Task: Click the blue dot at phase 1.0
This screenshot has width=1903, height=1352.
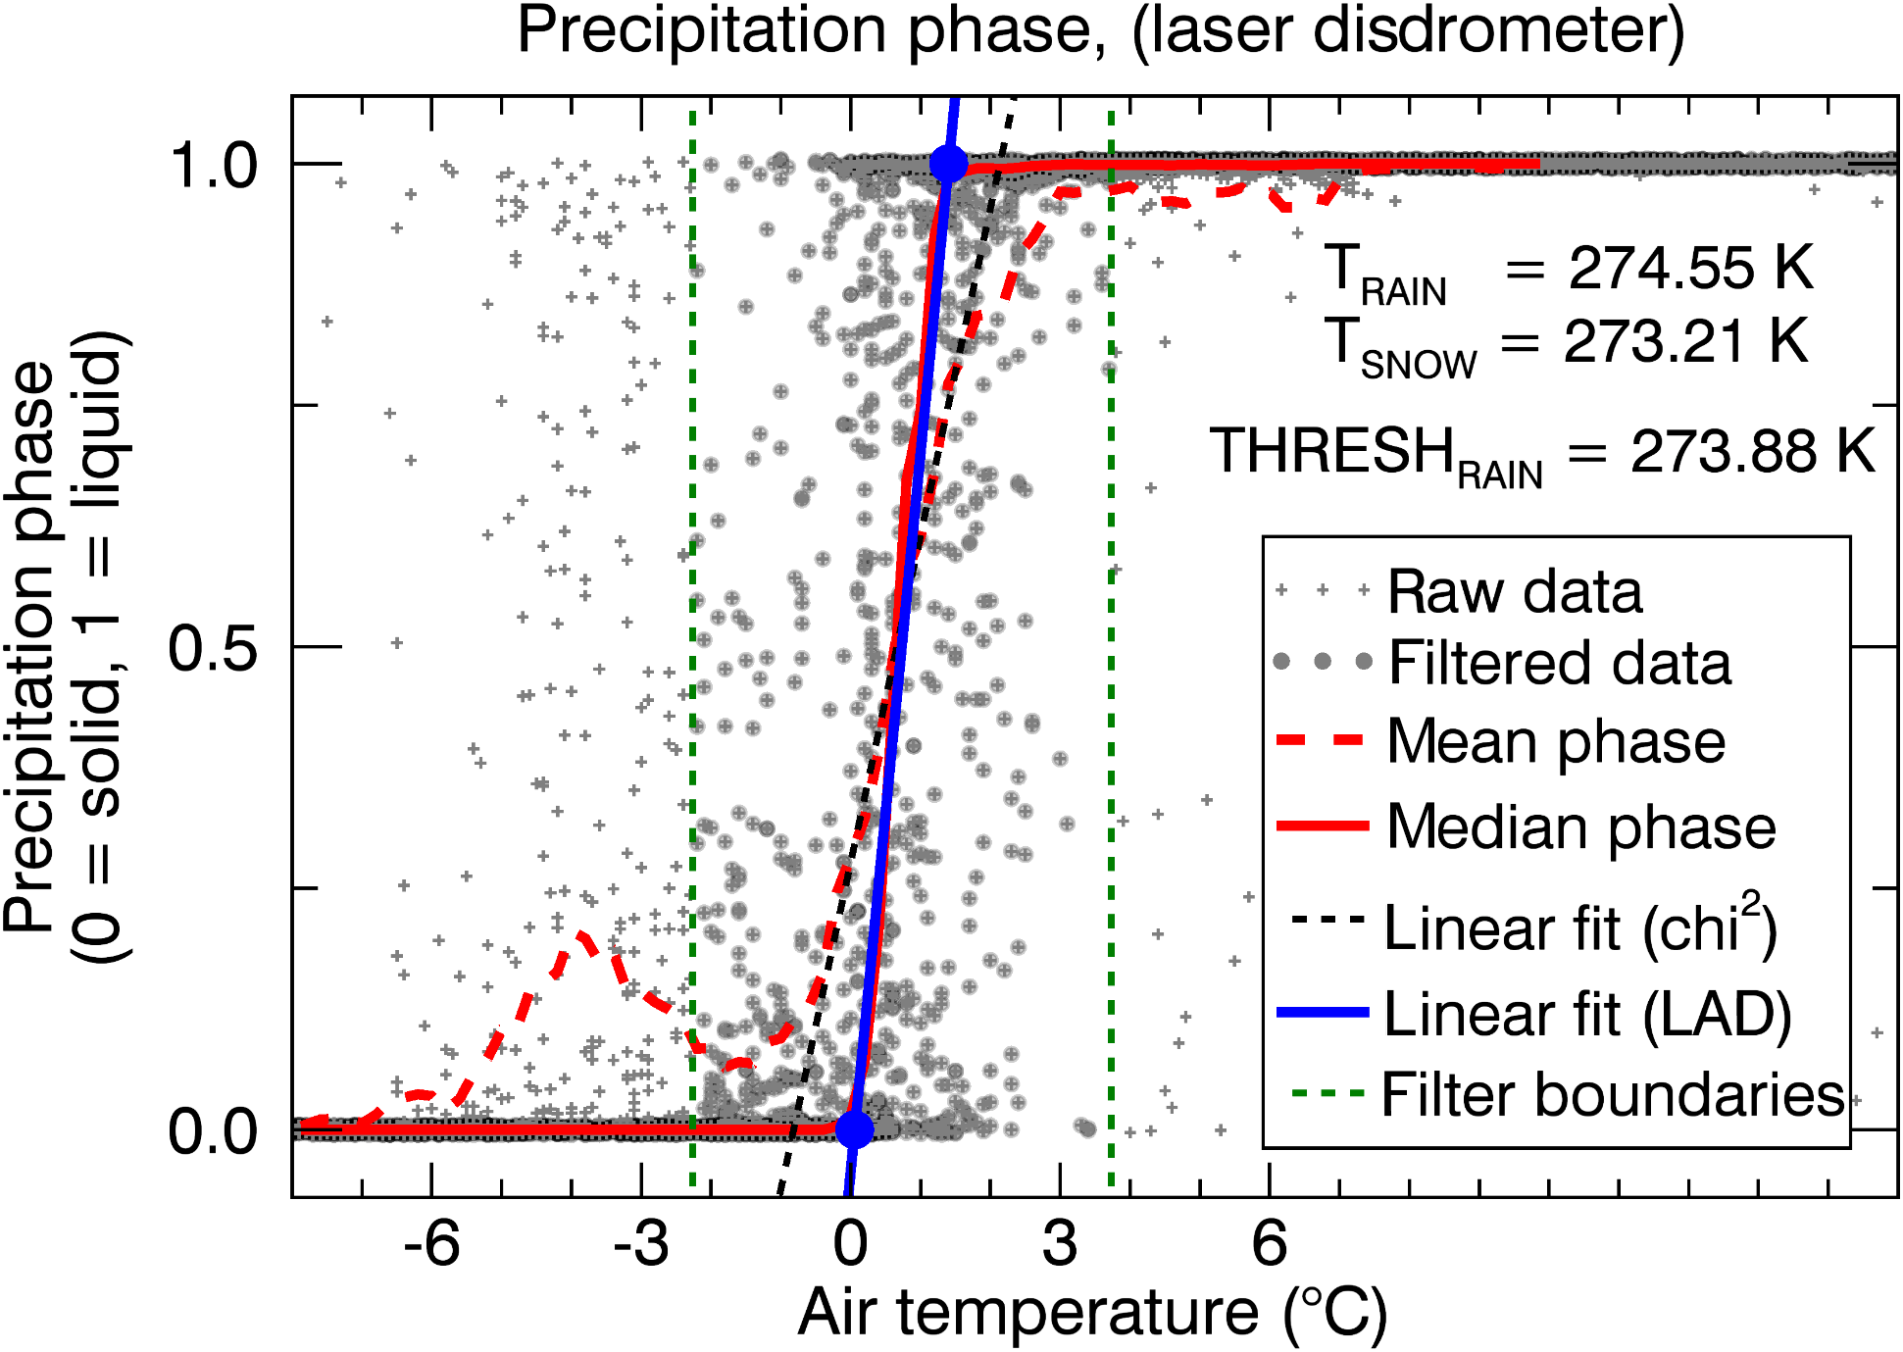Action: pos(948,164)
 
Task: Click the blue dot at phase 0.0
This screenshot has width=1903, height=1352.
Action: pos(854,1129)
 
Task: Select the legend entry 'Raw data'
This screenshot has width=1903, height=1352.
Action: pos(1514,592)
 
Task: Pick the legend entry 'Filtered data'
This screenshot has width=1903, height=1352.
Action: pos(1559,663)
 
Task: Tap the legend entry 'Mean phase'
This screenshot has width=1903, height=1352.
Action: pos(1555,741)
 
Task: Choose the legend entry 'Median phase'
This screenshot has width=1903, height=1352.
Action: pos(1580,827)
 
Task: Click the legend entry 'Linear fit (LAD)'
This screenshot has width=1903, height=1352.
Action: pos(1586,1014)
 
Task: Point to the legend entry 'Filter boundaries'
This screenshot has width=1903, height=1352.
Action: pos(1612,1094)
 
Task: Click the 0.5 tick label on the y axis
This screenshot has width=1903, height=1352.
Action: pos(212,647)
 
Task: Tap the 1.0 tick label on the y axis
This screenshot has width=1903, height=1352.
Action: pos(212,165)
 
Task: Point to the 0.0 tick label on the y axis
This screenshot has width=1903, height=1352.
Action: pos(212,1130)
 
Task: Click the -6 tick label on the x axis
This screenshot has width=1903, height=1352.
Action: pos(431,1243)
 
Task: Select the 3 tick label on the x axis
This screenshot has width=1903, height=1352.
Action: pos(1060,1243)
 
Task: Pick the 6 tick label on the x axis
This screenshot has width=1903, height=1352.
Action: pos(1270,1243)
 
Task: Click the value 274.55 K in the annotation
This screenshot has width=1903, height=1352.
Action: pos(1690,268)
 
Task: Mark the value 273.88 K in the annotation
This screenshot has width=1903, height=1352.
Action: pos(1752,452)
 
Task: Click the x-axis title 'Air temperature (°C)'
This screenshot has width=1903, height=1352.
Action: pos(1092,1313)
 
